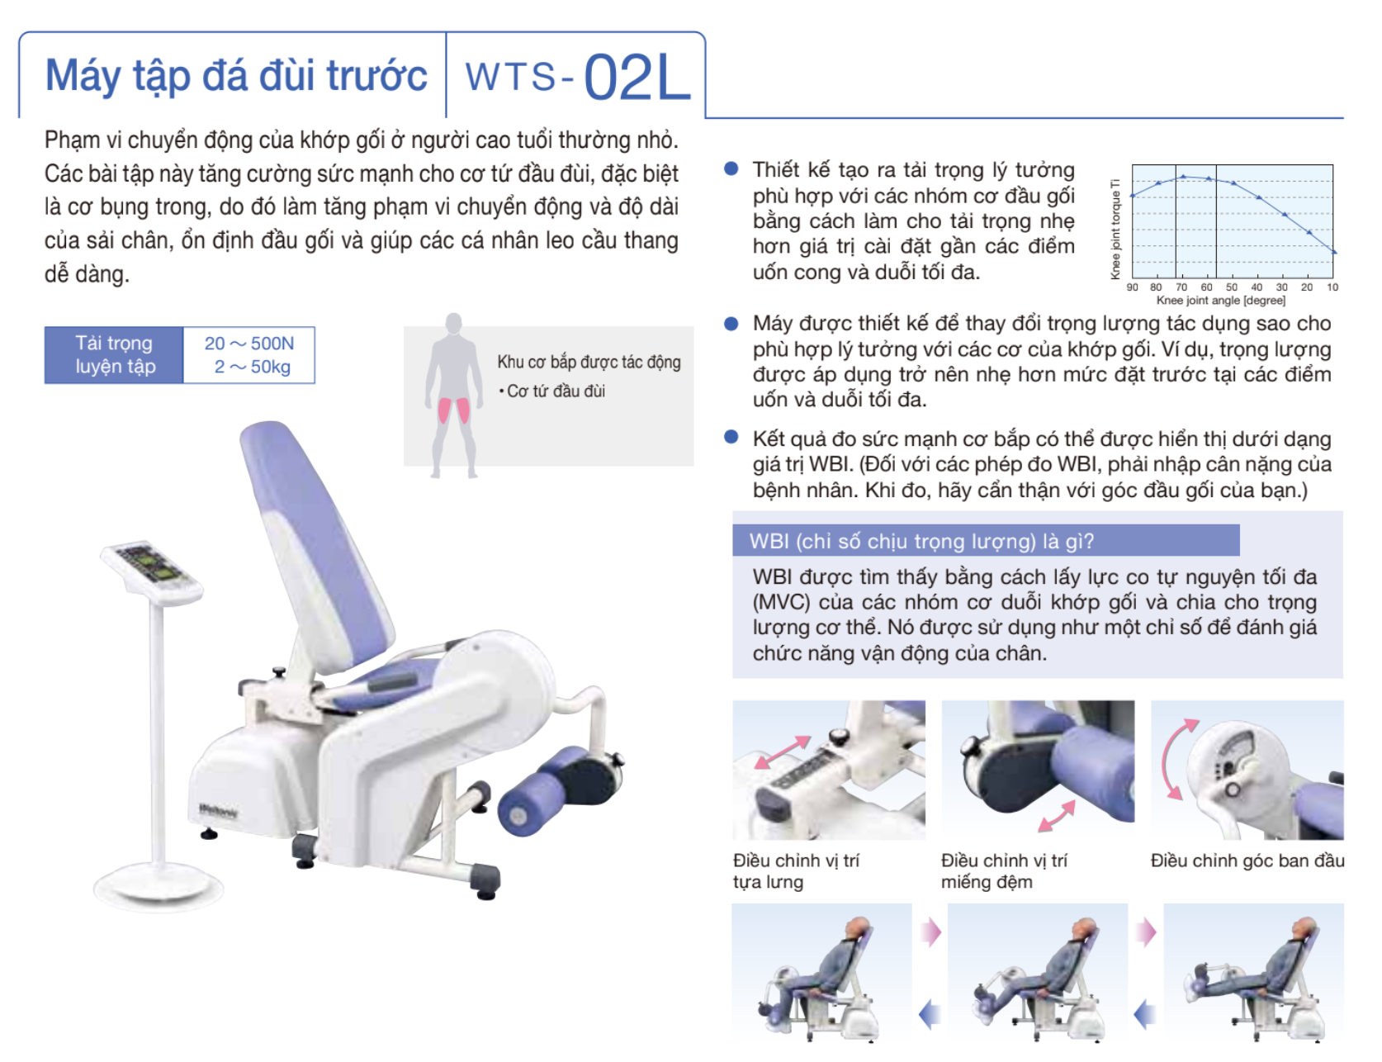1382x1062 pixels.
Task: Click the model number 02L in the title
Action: (x=637, y=78)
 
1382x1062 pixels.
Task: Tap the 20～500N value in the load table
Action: (x=249, y=344)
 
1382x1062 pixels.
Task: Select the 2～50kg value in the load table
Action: (x=253, y=367)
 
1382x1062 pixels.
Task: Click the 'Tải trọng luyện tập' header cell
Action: (x=115, y=355)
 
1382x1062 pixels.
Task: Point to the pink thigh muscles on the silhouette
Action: (x=453, y=410)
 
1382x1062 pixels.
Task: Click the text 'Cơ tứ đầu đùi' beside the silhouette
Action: (x=556, y=391)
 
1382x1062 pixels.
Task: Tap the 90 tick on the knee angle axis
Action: (x=1132, y=287)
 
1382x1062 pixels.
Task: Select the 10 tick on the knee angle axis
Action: (x=1332, y=287)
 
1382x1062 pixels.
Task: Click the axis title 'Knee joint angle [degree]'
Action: (x=1221, y=301)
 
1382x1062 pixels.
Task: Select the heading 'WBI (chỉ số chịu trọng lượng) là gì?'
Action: (x=921, y=542)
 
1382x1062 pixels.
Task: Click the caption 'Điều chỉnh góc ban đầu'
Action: (x=1247, y=861)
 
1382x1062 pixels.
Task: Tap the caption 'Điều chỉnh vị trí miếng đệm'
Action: (x=1004, y=871)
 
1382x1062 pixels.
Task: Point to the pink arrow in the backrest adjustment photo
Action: (x=782, y=752)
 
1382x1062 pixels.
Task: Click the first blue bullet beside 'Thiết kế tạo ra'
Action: (x=731, y=168)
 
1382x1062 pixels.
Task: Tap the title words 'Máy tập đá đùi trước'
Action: (x=237, y=76)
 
